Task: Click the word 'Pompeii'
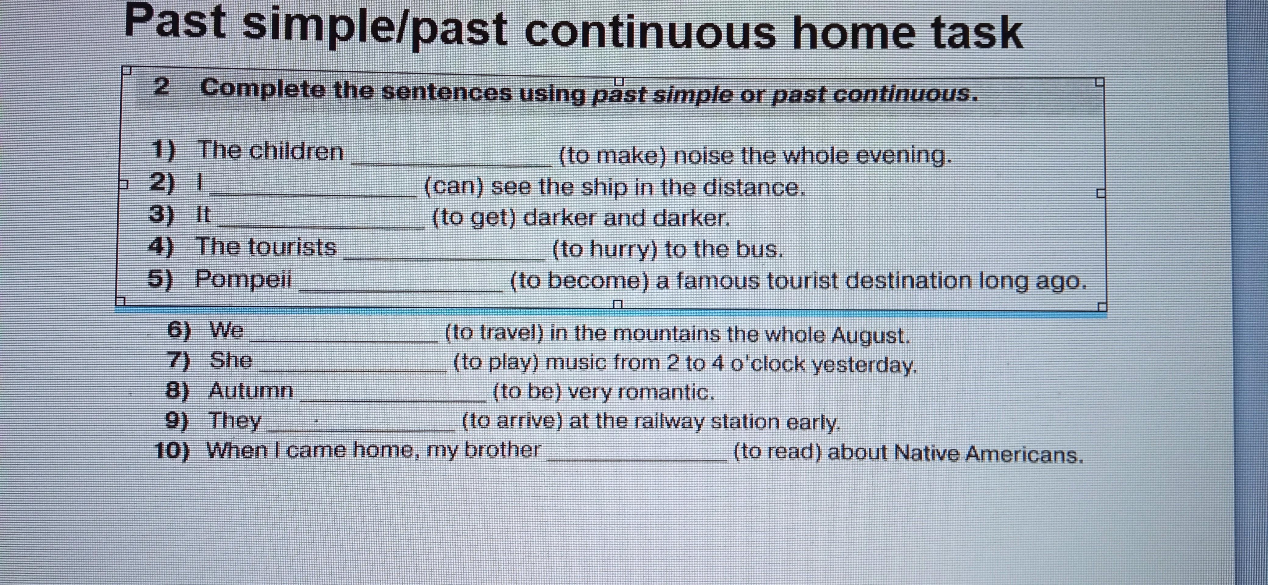(x=244, y=279)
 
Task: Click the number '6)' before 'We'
(x=179, y=330)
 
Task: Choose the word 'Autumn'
(x=251, y=391)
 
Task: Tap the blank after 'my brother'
(x=637, y=459)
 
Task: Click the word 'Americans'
(x=1024, y=454)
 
